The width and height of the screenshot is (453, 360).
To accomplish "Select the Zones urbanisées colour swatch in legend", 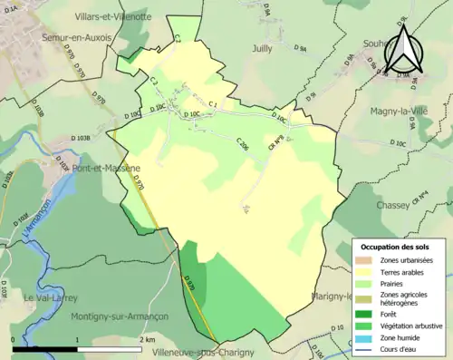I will pos(367,260).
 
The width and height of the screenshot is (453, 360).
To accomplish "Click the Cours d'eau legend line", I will pos(367,349).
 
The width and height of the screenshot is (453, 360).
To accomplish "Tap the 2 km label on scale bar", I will pos(148,339).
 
